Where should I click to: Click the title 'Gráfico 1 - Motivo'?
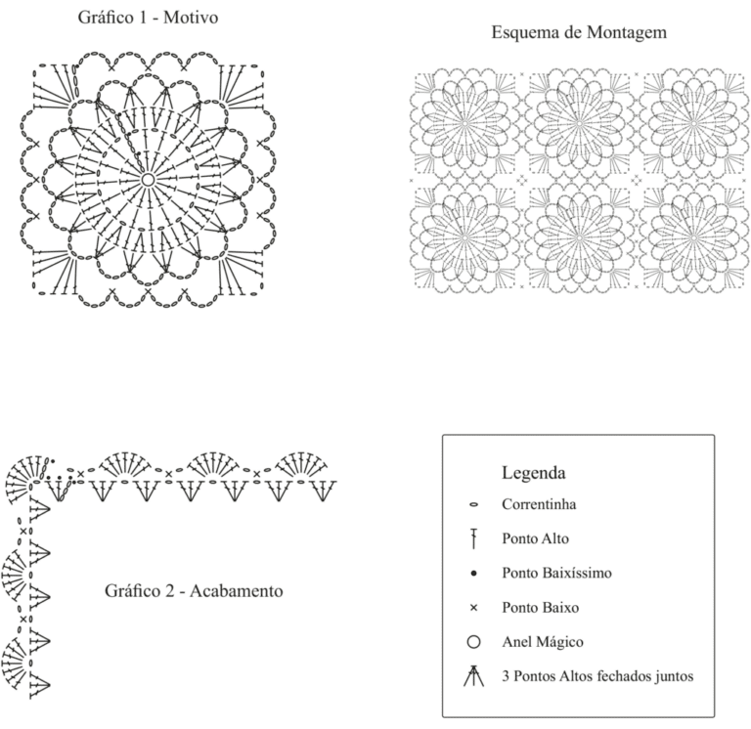tap(148, 18)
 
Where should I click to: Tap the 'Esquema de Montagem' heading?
tap(579, 32)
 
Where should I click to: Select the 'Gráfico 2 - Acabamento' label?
tap(194, 590)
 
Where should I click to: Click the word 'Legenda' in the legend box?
tap(534, 472)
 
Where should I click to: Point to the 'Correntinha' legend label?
tap(539, 504)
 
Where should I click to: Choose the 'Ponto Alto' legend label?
tap(535, 538)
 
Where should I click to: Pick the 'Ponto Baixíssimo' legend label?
tap(556, 573)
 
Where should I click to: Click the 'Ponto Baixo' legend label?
tap(540, 608)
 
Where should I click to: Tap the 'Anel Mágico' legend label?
tap(543, 642)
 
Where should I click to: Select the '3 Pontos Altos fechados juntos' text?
tap(597, 676)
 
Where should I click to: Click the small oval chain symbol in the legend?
tap(473, 504)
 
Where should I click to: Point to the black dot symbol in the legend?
tap(473, 573)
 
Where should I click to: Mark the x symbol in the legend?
tap(473, 608)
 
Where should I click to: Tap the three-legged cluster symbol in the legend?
tap(473, 676)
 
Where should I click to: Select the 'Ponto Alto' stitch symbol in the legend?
tap(473, 538)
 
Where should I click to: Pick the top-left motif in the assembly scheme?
tap(464, 124)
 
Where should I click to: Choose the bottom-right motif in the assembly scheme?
tap(694, 237)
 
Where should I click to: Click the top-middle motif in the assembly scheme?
tap(579, 124)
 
